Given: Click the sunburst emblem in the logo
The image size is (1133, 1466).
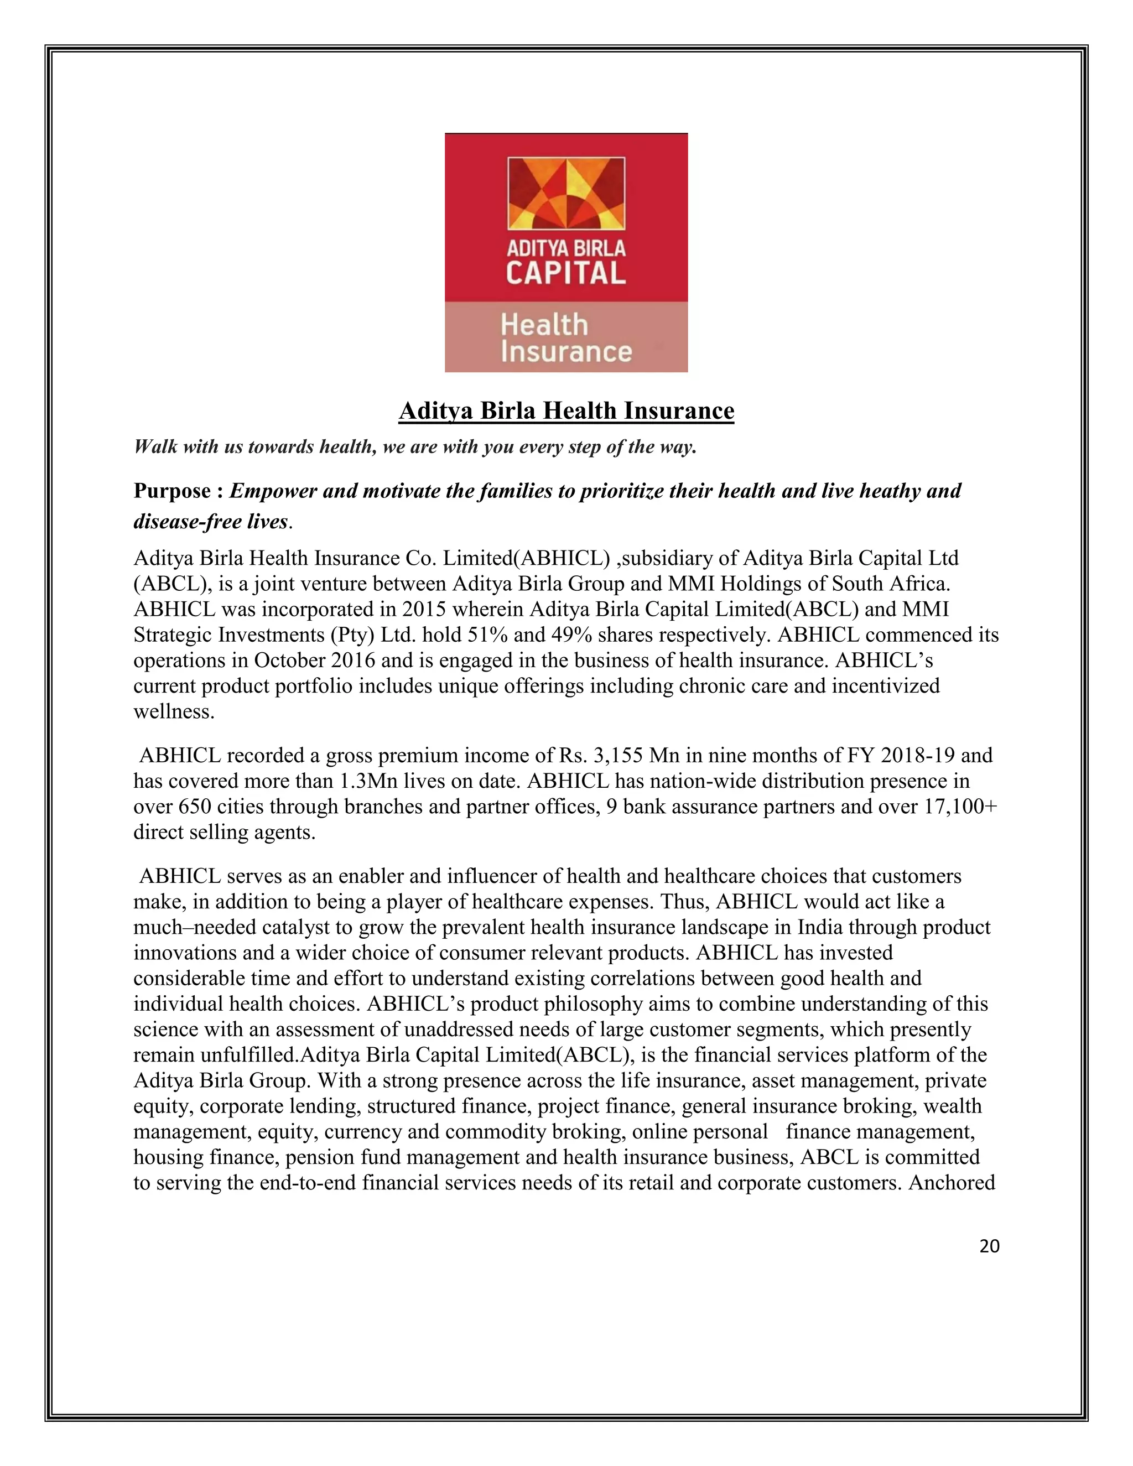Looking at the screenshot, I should click(566, 194).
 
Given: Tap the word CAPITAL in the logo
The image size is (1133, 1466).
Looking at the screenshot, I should click(566, 273).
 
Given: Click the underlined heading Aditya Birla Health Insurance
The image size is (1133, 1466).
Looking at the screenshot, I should click(566, 411).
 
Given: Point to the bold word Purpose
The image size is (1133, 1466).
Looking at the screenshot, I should click(172, 491).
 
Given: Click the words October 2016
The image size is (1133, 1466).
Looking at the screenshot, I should click(314, 661).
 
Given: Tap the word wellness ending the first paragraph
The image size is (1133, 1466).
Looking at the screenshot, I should click(174, 711).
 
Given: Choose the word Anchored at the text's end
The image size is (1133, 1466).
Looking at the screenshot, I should click(951, 1183).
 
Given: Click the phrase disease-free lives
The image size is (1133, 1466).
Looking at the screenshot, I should click(211, 522).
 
